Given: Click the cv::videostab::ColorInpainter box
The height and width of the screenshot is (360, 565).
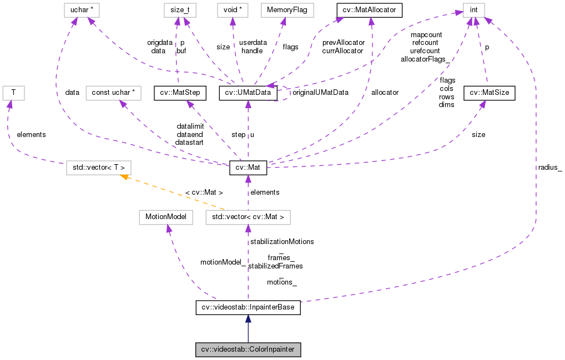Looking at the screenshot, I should (248, 350).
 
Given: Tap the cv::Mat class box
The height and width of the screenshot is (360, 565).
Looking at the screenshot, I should (248, 166).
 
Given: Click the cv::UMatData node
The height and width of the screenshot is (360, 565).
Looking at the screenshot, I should (248, 93).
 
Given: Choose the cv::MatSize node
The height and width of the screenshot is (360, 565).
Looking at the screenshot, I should (490, 93).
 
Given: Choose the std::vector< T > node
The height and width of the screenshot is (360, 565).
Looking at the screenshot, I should (99, 166).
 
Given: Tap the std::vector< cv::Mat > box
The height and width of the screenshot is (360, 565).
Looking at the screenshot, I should (248, 217).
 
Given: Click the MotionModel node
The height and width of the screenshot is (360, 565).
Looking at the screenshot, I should (166, 217).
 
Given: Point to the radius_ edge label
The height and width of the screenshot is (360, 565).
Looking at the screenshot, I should (549, 167).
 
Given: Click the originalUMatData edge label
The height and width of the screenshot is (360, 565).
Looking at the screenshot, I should (320, 93).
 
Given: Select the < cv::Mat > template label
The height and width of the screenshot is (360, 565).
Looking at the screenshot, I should (204, 192).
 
